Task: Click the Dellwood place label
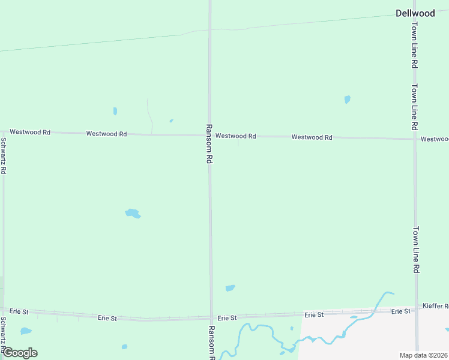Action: click(415, 13)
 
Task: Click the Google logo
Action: click(19, 353)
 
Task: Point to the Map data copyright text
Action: click(423, 355)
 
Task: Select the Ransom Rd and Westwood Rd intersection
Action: click(209, 136)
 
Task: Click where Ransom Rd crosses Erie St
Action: click(211, 317)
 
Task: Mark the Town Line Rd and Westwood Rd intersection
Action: click(415, 139)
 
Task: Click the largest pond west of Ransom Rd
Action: click(132, 213)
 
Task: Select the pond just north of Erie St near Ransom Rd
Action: click(230, 288)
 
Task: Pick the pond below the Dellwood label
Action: click(347, 100)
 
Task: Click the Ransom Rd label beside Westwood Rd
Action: click(209, 145)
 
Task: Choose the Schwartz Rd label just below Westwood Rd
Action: click(4, 156)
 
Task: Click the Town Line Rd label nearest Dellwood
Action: click(414, 45)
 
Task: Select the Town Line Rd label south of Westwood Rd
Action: click(415, 250)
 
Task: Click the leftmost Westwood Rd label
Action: click(30, 131)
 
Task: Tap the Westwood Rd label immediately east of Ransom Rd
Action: click(236, 136)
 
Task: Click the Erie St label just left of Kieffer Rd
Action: click(400, 311)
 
